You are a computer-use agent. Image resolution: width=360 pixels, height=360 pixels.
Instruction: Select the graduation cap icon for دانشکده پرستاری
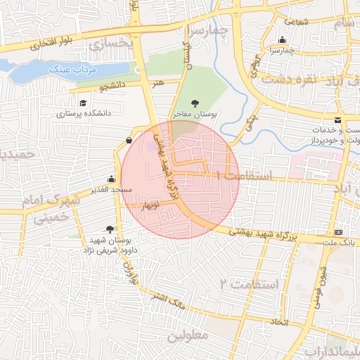pos(83,103)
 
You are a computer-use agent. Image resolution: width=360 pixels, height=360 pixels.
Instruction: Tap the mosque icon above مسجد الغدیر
pos(111,179)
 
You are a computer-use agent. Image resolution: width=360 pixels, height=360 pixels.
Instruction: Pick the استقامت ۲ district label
pos(249,283)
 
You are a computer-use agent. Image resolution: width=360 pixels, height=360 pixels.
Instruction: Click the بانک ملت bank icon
pos(339,232)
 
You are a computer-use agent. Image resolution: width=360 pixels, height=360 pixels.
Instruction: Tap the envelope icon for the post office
pos(338,120)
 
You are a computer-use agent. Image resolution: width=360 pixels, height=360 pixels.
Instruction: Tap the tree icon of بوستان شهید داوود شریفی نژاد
pos(109,229)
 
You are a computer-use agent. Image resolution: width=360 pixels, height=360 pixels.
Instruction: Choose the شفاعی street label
pos(297,21)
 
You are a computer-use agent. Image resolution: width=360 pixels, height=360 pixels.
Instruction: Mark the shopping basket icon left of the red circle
pos(129,140)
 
